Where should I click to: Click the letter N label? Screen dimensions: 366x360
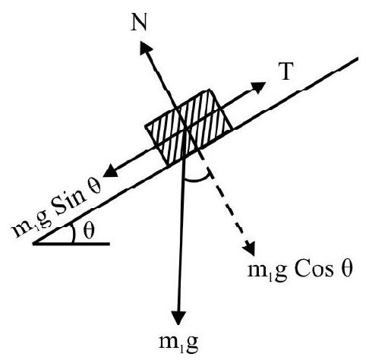point(139,23)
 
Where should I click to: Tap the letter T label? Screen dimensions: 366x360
point(286,71)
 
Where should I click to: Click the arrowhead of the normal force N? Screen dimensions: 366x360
point(146,47)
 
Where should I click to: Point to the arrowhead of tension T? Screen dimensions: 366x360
point(257,87)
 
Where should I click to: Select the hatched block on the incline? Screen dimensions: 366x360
point(188,128)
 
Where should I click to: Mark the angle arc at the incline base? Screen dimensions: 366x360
point(74,233)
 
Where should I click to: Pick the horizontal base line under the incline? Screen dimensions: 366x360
point(71,244)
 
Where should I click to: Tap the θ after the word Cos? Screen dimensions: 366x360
point(345,270)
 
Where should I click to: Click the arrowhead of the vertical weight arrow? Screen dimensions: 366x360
point(178,317)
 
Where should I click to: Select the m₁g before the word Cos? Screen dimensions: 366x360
point(267,272)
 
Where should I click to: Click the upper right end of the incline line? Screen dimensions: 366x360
point(358,58)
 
